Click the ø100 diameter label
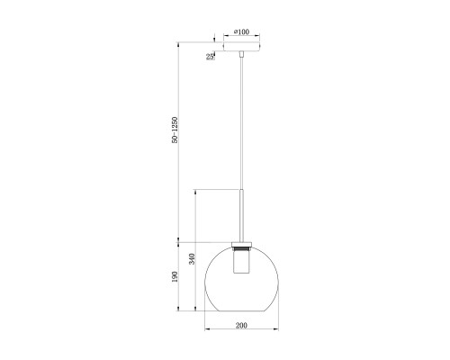(x=241, y=31)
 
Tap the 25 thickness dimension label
(x=210, y=57)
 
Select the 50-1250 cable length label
(x=175, y=130)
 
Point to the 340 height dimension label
(x=192, y=259)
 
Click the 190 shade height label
(x=175, y=276)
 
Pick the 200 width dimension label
(x=241, y=325)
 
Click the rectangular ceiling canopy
(x=241, y=47)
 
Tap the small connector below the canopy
(x=241, y=54)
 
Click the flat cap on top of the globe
(x=241, y=244)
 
